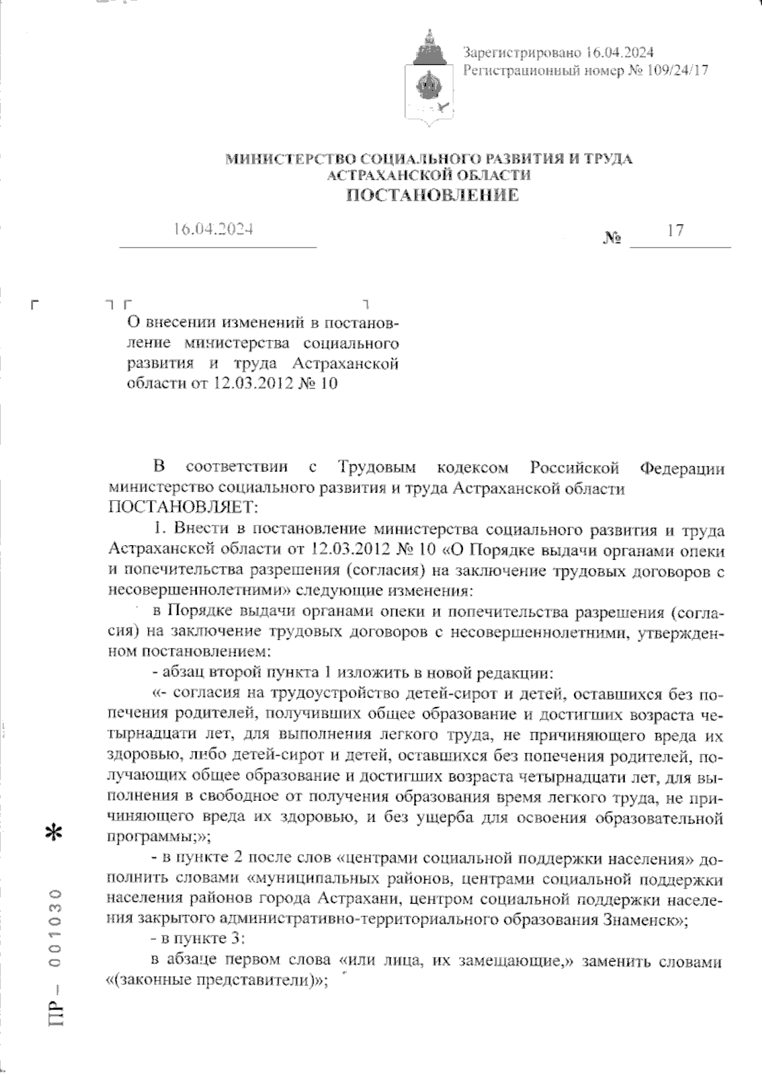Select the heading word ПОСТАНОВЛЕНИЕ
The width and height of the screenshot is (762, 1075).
coord(432,195)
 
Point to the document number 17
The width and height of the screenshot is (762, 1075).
coord(676,230)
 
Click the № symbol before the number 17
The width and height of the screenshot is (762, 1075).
coord(612,239)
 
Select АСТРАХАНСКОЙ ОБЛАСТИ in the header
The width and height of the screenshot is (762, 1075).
coord(428,175)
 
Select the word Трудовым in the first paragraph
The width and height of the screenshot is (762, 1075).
coord(377,468)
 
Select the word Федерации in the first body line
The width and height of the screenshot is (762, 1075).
coord(681,468)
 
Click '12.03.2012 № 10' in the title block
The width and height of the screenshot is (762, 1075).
coord(275,383)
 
